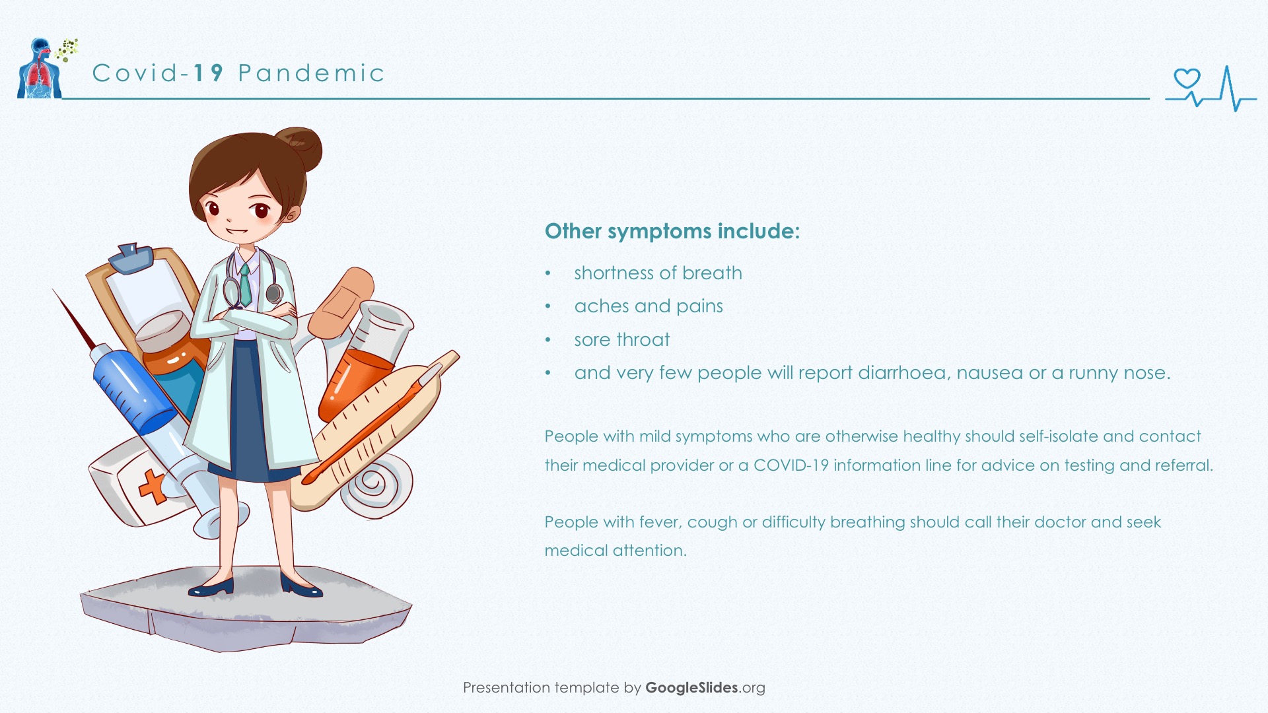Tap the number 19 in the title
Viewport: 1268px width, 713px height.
click(209, 73)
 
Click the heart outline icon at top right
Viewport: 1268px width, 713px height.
click(1187, 79)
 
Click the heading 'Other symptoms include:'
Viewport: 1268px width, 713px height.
click(672, 231)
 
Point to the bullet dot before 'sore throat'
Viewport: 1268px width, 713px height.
click(547, 340)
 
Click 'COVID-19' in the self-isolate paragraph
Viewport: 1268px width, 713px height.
click(791, 465)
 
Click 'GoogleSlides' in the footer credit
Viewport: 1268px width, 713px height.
click(691, 688)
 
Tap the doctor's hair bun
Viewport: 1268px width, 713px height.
click(300, 147)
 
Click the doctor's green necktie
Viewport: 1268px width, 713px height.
click(246, 285)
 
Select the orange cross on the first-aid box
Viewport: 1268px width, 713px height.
click(153, 487)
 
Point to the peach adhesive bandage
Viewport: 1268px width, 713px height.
click(341, 303)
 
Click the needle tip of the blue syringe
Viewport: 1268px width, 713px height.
click(54, 291)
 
